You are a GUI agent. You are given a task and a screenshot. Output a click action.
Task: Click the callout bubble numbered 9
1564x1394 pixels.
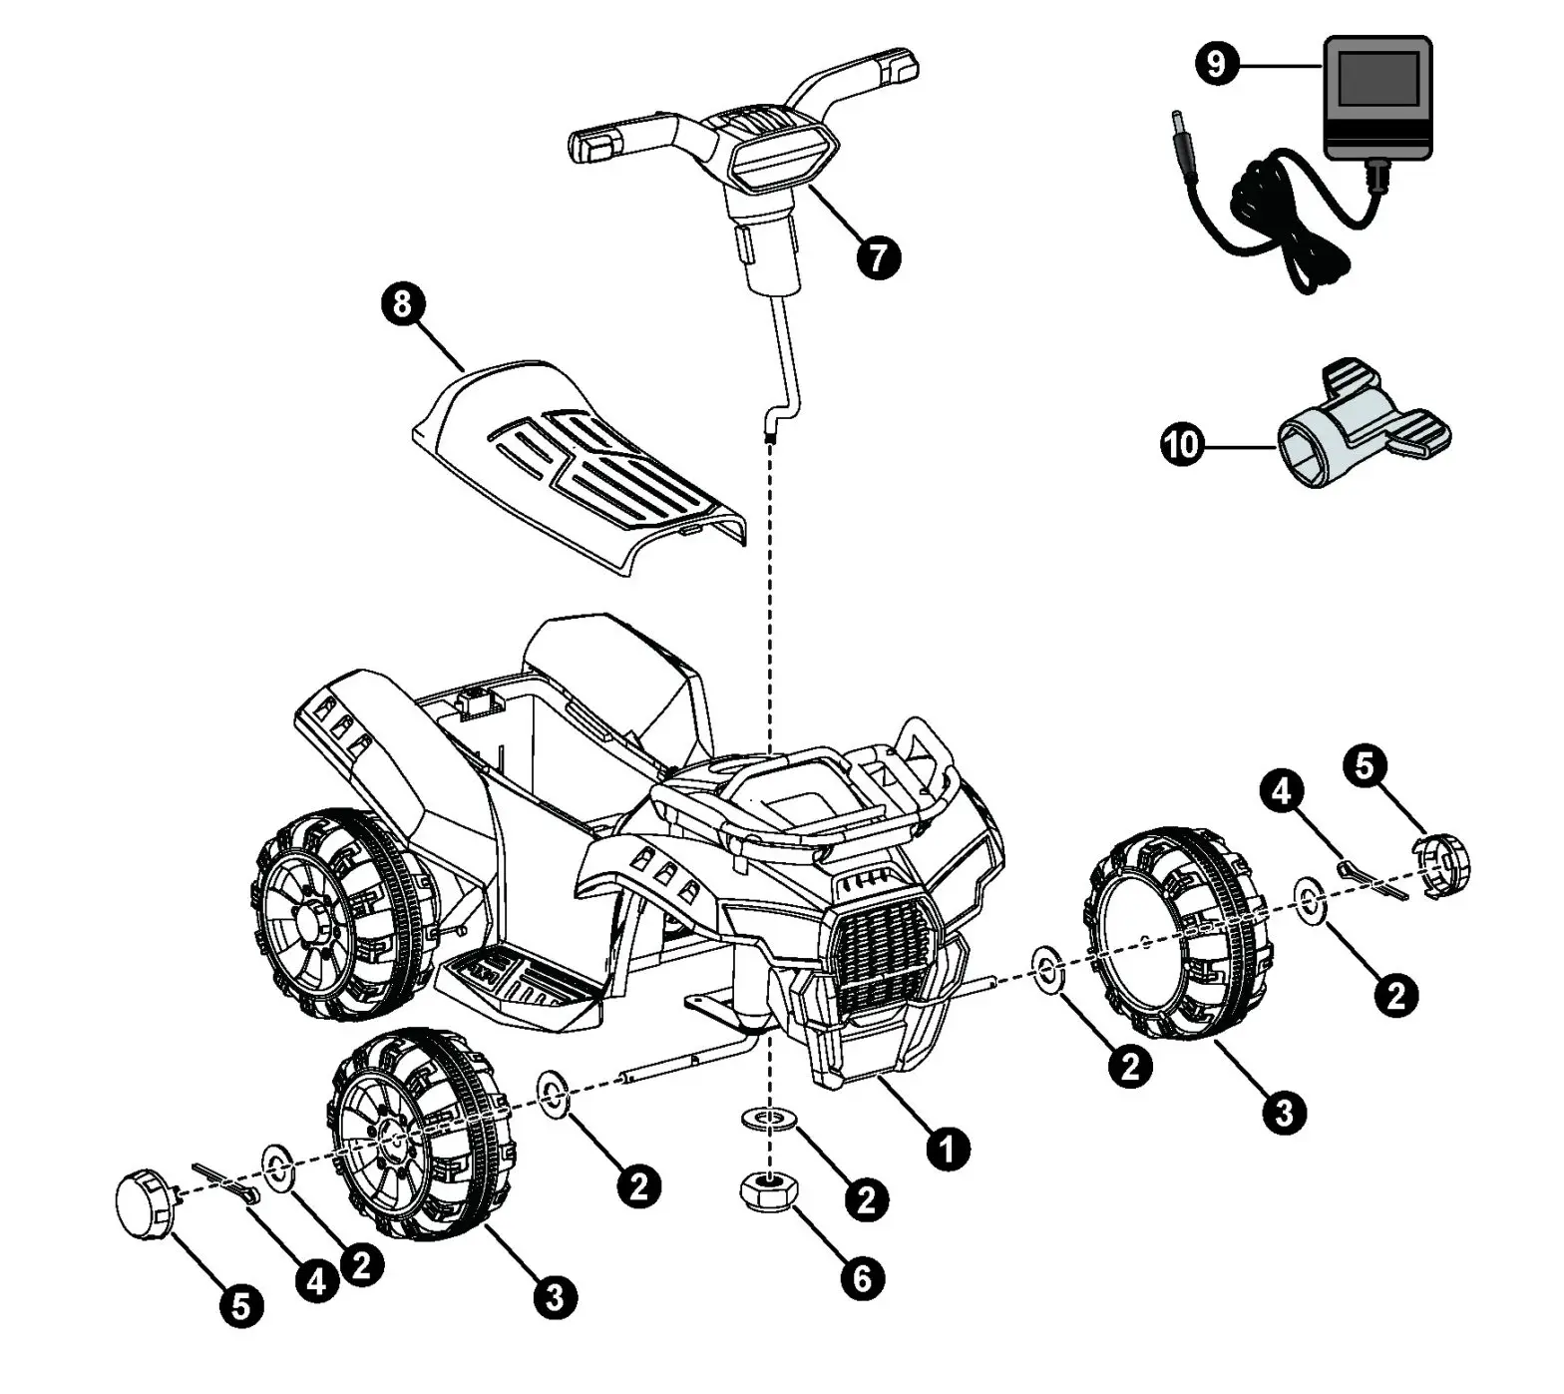[1216, 65]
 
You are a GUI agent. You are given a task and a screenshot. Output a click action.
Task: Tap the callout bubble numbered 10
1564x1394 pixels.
[1182, 443]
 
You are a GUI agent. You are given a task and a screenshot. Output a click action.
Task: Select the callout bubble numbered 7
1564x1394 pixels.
[878, 257]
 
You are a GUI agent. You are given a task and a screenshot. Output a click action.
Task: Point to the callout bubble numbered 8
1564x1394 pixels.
[403, 303]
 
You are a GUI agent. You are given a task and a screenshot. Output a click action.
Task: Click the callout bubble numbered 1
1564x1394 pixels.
[947, 1148]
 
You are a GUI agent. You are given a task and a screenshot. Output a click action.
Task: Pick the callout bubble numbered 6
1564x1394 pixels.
[863, 1278]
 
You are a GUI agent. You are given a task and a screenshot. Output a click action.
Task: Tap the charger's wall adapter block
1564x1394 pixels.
[1376, 98]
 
